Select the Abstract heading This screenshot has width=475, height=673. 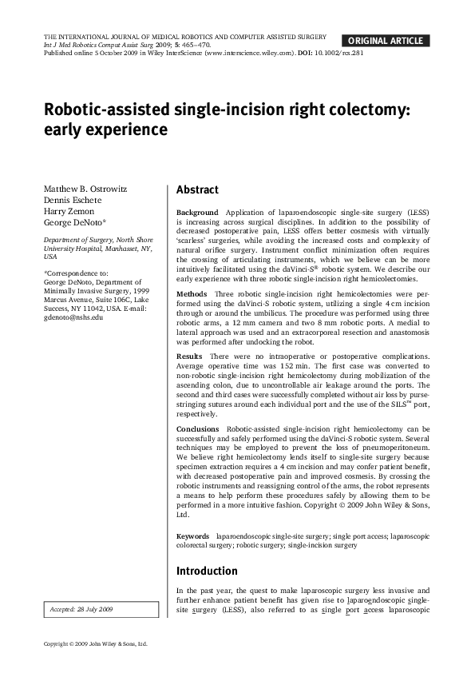197,190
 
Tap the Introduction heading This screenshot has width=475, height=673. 207,571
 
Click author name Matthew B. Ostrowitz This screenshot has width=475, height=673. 84,189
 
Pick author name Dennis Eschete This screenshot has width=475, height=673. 71,200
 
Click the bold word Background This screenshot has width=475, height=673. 196,213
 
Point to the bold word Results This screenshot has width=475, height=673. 190,355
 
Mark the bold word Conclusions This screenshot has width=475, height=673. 199,429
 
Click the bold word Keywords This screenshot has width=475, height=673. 193,536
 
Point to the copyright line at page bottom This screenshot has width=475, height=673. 96,643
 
